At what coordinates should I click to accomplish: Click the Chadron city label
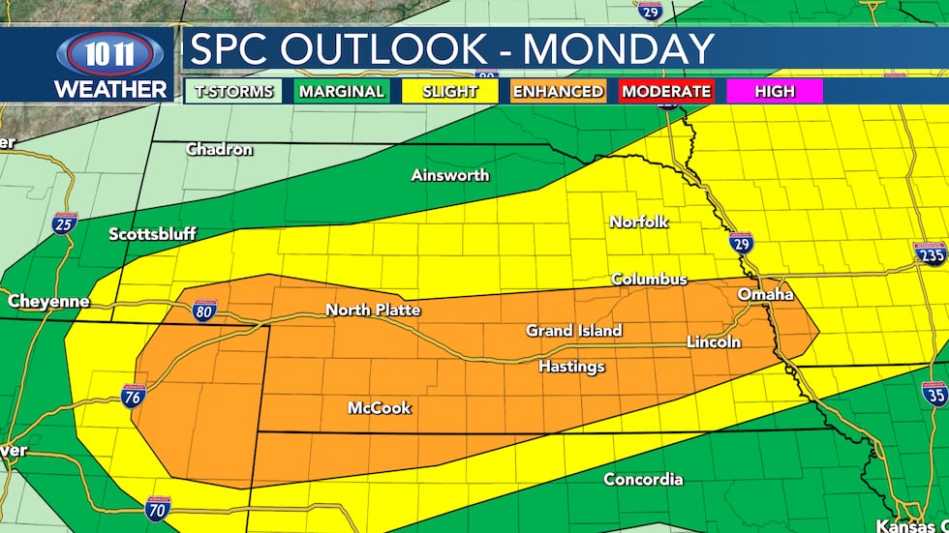pos(219,150)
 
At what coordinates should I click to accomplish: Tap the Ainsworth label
pos(449,175)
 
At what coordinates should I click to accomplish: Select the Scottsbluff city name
pos(152,234)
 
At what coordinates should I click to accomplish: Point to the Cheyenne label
pos(48,302)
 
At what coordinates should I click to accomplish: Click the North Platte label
pos(373,310)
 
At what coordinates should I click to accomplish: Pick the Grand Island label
pos(573,331)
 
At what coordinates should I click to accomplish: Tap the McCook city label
pos(379,408)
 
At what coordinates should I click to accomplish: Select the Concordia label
pos(643,480)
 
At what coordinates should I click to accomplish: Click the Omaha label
pos(765,294)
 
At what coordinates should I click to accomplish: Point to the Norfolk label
pos(638,222)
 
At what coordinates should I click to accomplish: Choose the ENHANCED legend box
pos(558,92)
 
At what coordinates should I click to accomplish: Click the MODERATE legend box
pos(666,92)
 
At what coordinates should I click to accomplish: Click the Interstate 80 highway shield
pos(203,310)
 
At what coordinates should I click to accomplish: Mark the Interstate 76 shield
pos(134,395)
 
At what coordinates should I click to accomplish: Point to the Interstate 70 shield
pos(158,508)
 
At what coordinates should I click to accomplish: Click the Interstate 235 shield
pos(930,254)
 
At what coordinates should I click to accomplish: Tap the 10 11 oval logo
pos(110,53)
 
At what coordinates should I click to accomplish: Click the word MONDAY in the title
pos(607,49)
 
